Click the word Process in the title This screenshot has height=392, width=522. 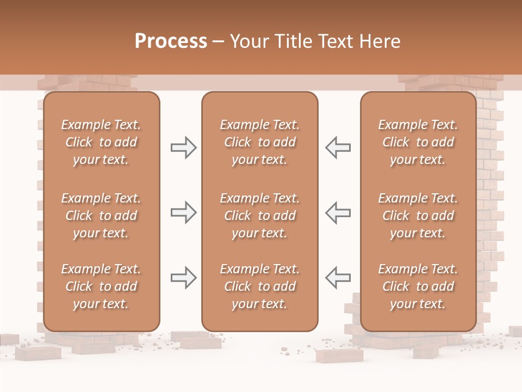click(171, 41)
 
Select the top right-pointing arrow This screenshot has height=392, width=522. click(183, 148)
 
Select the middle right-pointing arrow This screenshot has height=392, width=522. click(183, 212)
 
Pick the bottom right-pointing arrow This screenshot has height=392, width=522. click(183, 277)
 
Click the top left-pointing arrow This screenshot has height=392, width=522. click(338, 148)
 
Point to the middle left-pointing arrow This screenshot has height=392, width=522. click(338, 212)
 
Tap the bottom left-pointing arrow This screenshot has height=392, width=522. click(338, 277)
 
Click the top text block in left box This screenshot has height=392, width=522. click(101, 142)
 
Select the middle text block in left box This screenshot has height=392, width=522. click(101, 216)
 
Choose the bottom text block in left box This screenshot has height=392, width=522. click(101, 286)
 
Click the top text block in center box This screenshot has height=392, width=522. click(259, 142)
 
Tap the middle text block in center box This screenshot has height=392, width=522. click(259, 216)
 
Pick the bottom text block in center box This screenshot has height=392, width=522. click(259, 286)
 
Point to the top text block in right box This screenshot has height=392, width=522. click(418, 142)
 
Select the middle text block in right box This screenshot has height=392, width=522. click(418, 216)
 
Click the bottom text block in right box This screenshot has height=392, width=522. click(418, 286)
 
